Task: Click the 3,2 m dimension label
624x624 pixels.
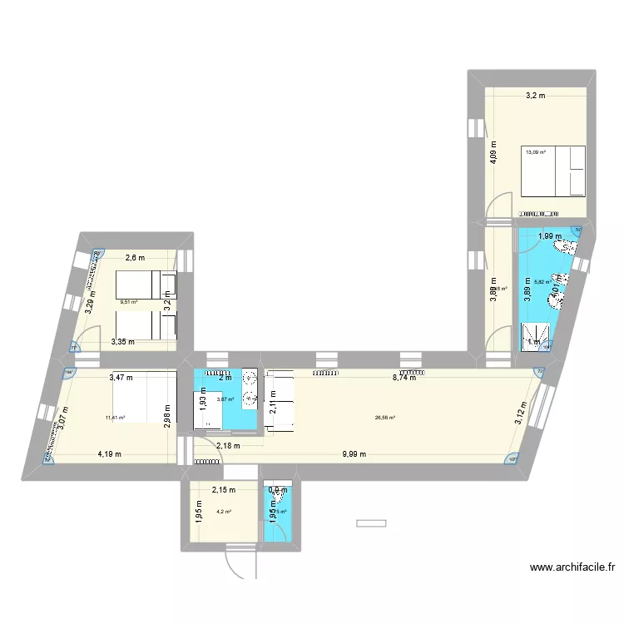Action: [535, 96]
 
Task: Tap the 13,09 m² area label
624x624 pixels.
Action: [535, 151]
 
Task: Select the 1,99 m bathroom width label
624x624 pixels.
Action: [550, 236]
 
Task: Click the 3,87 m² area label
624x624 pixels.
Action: [225, 399]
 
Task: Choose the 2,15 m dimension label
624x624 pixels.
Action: [224, 490]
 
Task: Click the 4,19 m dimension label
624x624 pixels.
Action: [109, 454]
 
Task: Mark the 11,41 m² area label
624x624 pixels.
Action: [115, 418]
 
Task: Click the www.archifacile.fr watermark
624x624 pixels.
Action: [572, 568]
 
